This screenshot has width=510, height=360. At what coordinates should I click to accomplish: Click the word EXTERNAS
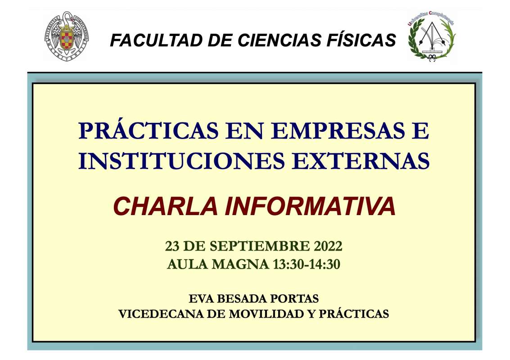pyautogui.click(x=361, y=160)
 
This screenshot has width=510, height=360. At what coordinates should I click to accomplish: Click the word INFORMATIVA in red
pyautogui.click(x=310, y=206)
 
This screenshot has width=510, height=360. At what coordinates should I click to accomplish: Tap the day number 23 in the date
pyautogui.click(x=172, y=246)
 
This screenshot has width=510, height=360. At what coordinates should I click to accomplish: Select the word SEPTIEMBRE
pyautogui.click(x=260, y=246)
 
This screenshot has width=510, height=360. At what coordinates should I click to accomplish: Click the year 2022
pyautogui.click(x=328, y=246)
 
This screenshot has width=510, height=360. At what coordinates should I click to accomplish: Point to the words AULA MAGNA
pyautogui.click(x=217, y=264)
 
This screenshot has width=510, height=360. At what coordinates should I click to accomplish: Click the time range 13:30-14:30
pyautogui.click(x=307, y=264)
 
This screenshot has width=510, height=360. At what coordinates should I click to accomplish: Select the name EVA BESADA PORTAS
pyautogui.click(x=254, y=298)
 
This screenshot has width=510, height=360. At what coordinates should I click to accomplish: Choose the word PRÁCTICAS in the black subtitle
pyautogui.click(x=354, y=313)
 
